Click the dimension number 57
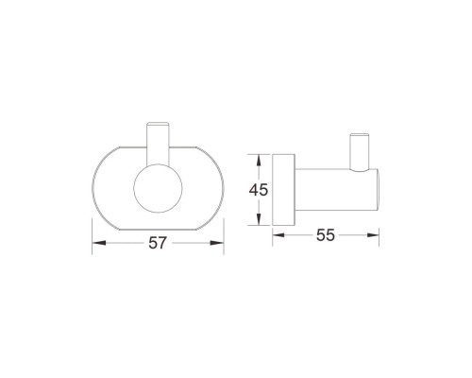click(x=157, y=243)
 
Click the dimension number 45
click(x=259, y=190)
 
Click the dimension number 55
click(x=326, y=235)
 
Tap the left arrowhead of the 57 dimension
click(x=98, y=243)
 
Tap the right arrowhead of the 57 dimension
click(x=217, y=243)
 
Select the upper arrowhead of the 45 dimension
click(x=259, y=161)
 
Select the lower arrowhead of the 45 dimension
click(x=259, y=219)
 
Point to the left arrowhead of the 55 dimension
click(x=278, y=235)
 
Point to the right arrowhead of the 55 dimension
click(x=373, y=235)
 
